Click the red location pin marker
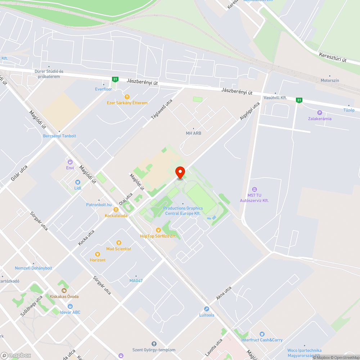(180, 172)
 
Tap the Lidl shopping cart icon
(77, 183)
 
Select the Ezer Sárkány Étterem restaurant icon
(127, 96)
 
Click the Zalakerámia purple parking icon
(319, 113)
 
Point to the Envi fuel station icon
(70, 162)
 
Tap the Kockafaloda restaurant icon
(116, 210)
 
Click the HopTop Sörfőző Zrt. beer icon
(158, 230)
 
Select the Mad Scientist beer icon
(119, 243)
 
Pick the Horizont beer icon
(98, 254)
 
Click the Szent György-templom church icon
(154, 344)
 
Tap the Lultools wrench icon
(207, 309)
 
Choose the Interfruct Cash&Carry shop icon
(262, 334)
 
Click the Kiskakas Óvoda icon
(64, 290)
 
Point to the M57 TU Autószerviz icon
(255, 189)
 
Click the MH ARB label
(193, 133)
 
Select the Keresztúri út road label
(332, 57)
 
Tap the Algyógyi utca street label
(249, 112)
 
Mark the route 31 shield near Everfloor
(115, 79)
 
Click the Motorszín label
(330, 80)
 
